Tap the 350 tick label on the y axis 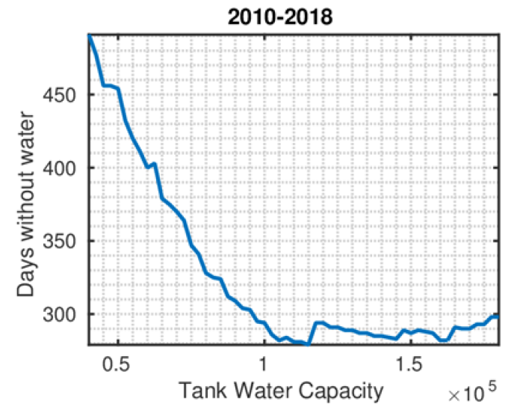coord(64,241)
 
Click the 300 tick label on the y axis coord(64,314)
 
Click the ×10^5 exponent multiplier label coord(471,392)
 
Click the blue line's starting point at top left coord(89,35)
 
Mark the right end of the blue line coord(498,316)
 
